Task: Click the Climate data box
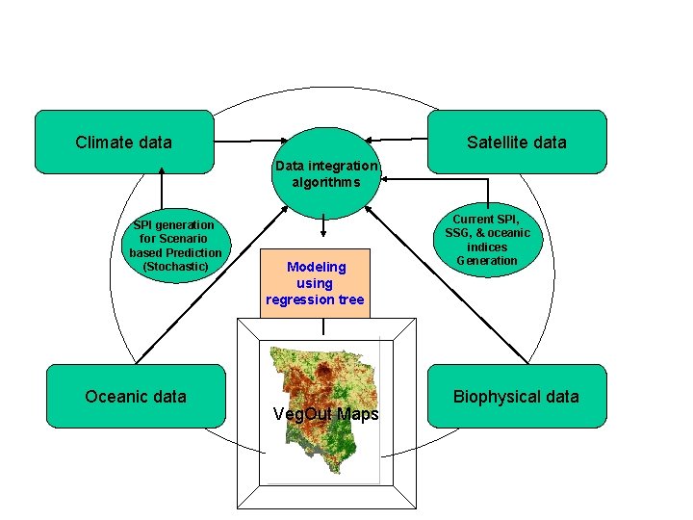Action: pyautogui.click(x=124, y=142)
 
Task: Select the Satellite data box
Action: pyautogui.click(x=517, y=142)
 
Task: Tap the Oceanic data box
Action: pyautogui.click(x=136, y=396)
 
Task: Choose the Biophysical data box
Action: pyautogui.click(x=517, y=396)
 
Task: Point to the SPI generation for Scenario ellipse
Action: pyautogui.click(x=175, y=245)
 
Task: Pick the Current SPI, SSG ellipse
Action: pyautogui.click(x=487, y=240)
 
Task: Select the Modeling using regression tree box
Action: pyautogui.click(x=315, y=283)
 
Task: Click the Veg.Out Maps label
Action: pyautogui.click(x=326, y=414)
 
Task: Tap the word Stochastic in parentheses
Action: pyautogui.click(x=175, y=266)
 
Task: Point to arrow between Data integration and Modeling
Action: pyautogui.click(x=322, y=224)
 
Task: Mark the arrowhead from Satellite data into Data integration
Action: pyautogui.click(x=370, y=139)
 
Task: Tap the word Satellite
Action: pyautogui.click(x=496, y=142)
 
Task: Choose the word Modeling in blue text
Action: pyautogui.click(x=316, y=267)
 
